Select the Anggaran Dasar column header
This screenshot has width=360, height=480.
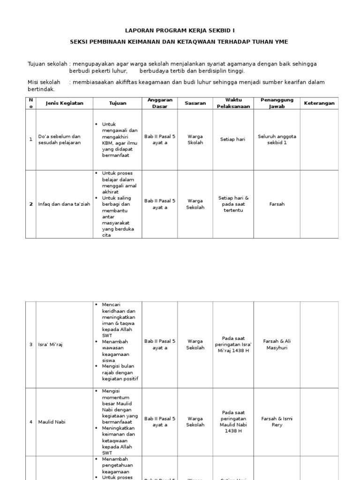coord(160,103)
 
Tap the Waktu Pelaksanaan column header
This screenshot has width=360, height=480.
coord(233,103)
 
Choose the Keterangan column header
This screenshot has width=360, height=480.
coord(319,103)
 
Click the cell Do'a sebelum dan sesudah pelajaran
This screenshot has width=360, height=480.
coord(60,140)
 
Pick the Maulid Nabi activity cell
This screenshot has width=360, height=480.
coord(52,422)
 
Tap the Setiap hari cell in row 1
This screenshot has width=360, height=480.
coord(233,140)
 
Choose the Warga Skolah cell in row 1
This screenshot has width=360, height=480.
coord(195,140)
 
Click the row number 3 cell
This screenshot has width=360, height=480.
coord(31,345)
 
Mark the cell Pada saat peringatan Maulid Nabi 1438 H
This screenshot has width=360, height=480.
coord(233,422)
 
